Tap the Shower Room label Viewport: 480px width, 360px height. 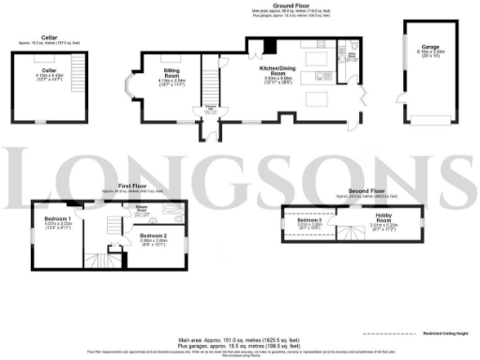(144, 209)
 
